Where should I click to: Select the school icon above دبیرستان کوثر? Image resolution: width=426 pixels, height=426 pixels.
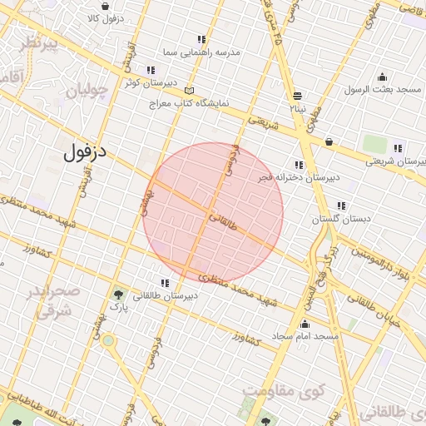point(150,70)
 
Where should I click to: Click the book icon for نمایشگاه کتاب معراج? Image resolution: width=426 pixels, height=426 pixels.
point(190,90)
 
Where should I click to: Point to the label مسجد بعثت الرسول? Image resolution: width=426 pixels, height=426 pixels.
point(387,89)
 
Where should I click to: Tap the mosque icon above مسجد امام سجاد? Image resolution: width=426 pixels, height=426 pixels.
point(305,324)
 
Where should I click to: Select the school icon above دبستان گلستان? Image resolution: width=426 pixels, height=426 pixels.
point(340,205)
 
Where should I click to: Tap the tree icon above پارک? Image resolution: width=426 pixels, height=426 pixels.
point(118,294)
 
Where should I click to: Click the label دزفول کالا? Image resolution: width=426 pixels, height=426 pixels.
point(104,17)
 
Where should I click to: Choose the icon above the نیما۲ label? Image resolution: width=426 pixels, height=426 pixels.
point(297,95)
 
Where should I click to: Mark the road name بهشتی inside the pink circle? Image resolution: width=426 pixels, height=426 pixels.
point(148,200)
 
